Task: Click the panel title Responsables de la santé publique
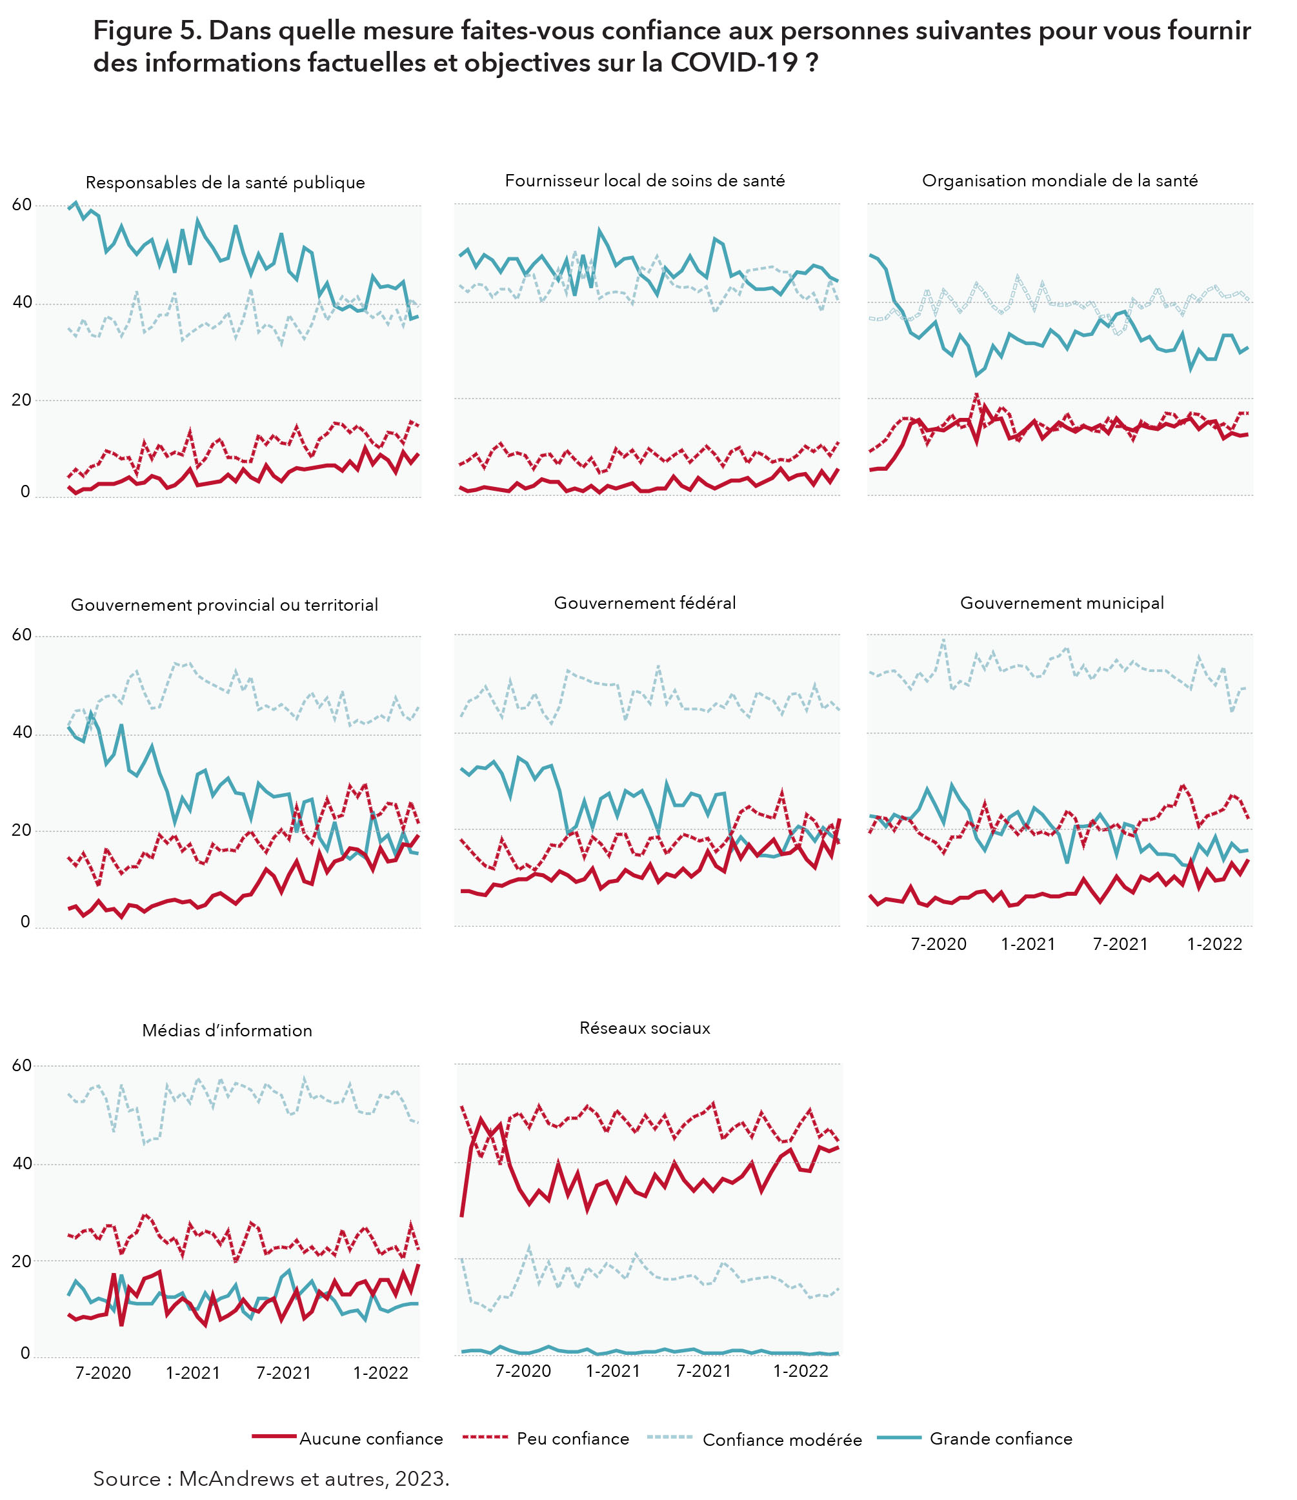coord(225,183)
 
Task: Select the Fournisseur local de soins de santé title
coord(645,181)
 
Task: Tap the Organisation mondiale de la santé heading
coord(1060,181)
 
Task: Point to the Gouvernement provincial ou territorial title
coord(225,605)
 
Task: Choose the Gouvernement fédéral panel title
coord(645,603)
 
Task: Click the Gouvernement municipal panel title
coord(1061,603)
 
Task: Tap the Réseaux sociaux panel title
coord(645,1028)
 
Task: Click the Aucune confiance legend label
coord(371,1439)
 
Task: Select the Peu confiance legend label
coord(573,1439)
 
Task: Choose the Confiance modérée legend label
coord(782,1440)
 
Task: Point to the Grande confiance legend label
coord(1001,1439)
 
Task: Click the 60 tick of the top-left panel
coord(22,205)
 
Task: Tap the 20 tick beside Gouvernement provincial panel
coord(22,831)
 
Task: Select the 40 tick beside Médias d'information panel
coord(22,1163)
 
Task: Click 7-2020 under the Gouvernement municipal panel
coord(938,944)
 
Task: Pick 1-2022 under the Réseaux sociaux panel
coord(800,1371)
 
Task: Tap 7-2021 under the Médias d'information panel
coord(283,1372)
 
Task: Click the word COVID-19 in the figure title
coord(734,63)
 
